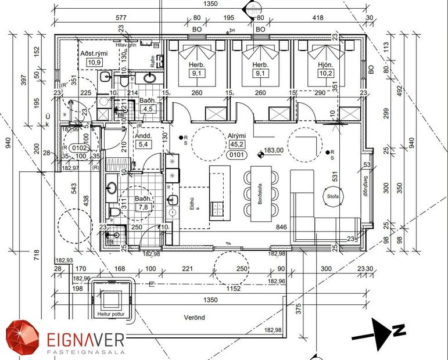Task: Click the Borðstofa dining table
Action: point(261,194)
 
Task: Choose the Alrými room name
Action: point(236,134)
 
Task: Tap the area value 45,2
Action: point(236,145)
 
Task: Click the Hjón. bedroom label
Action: point(325,64)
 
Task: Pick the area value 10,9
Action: point(94,62)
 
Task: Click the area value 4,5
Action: point(148,109)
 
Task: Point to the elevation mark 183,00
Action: point(274,150)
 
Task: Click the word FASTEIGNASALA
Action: point(78,352)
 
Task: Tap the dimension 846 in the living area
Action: point(283,227)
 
